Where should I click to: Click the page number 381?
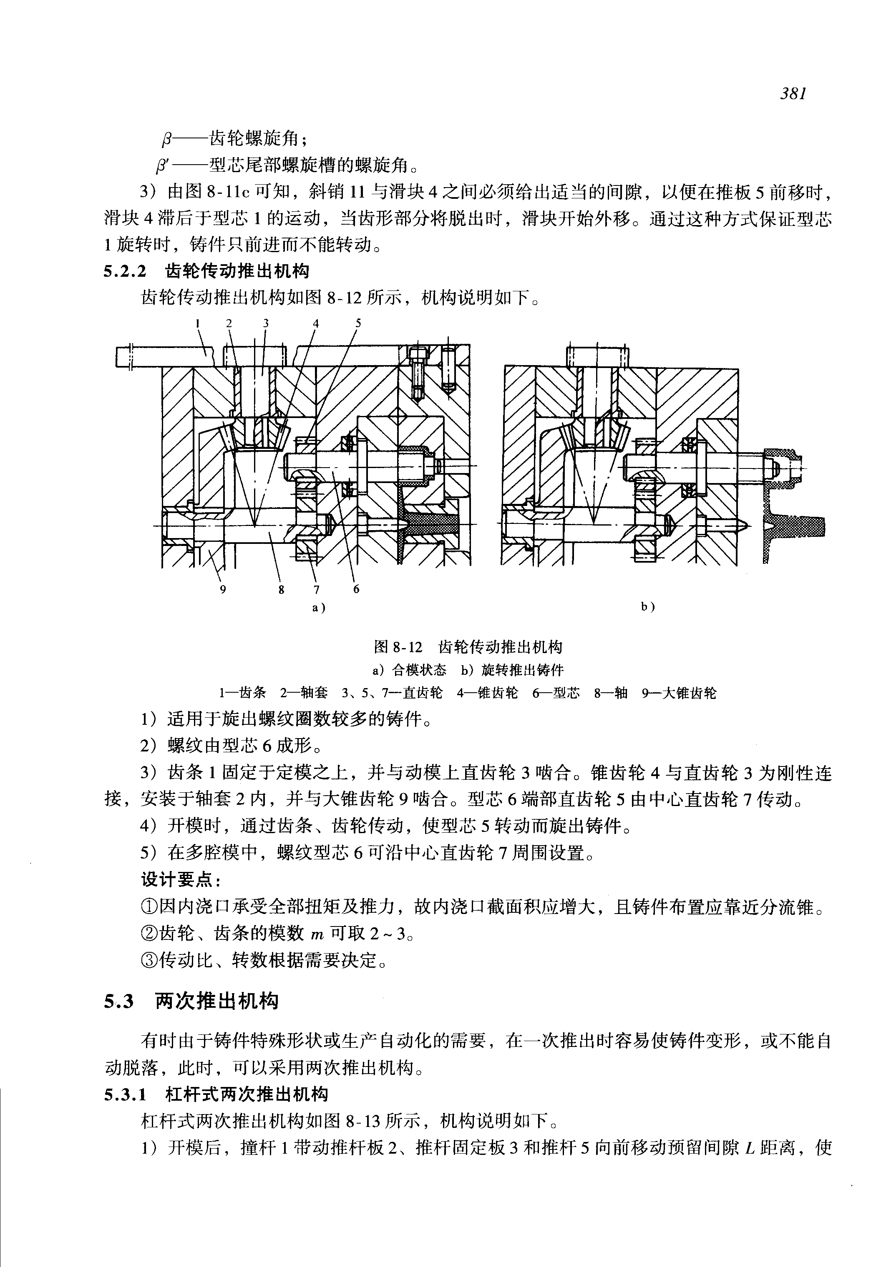[794, 94]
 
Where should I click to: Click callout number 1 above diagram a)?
[196, 324]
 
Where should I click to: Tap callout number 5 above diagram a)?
[358, 323]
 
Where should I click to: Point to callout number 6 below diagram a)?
[356, 589]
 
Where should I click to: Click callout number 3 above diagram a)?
[266, 324]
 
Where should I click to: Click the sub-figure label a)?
[319, 608]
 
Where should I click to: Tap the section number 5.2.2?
[126, 271]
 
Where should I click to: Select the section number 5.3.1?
[126, 1094]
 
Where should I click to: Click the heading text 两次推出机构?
[217, 1001]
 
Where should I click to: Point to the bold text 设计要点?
[181, 880]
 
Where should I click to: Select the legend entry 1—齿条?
[242, 693]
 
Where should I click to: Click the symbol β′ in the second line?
[163, 165]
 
